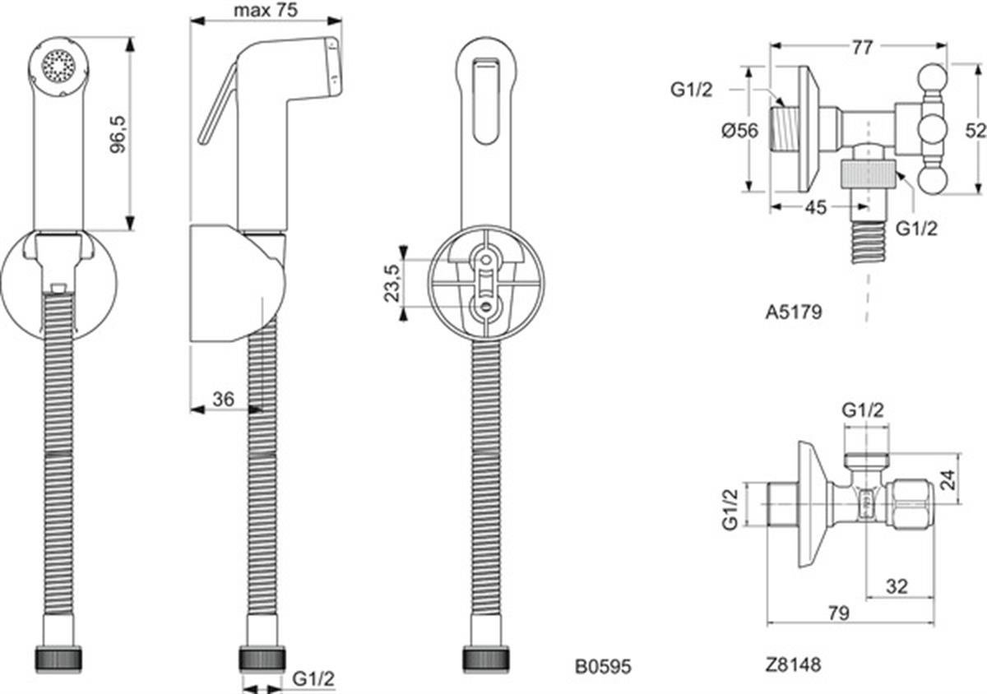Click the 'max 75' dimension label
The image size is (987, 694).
(x=266, y=10)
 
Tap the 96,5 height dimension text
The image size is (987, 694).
(x=118, y=134)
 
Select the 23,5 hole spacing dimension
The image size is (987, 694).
(x=392, y=283)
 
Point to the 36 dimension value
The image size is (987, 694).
(x=224, y=400)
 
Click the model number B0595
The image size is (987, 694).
(x=603, y=666)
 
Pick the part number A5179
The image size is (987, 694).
(x=794, y=312)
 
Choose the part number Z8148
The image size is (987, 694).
(x=793, y=664)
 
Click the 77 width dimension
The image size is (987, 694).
(x=861, y=48)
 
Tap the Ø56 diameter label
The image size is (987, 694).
(x=739, y=131)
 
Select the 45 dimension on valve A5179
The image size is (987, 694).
(x=816, y=207)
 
